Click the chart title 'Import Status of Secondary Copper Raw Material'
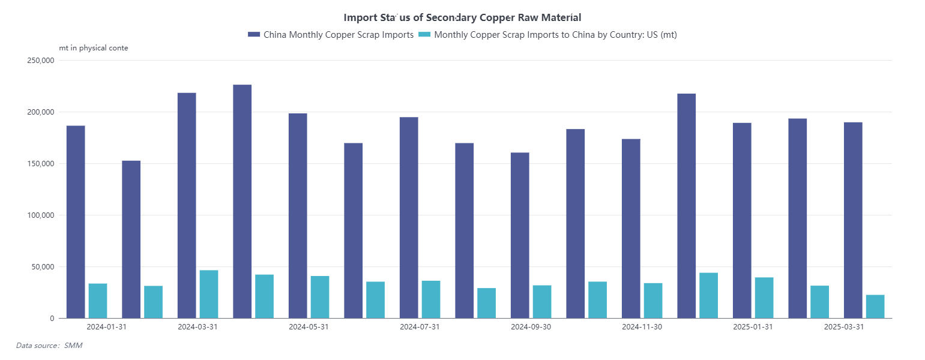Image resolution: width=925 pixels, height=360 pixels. click(462, 18)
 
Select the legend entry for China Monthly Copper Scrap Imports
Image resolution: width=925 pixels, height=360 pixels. click(331, 35)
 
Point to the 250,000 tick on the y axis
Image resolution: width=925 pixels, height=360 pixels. click(40, 61)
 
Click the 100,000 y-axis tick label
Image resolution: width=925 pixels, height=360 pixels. click(40, 215)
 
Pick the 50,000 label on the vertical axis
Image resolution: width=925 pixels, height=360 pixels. click(42, 267)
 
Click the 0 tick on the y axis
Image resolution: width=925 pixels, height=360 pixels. click(52, 319)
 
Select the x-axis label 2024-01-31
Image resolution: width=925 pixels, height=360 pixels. click(106, 327)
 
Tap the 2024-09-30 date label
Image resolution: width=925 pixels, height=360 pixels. click(531, 327)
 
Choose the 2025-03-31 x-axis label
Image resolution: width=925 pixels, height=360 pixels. click(843, 327)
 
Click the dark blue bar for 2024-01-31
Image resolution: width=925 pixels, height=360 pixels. click(76, 222)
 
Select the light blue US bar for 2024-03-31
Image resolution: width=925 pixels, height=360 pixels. click(209, 294)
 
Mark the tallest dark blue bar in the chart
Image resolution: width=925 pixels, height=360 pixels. click(243, 202)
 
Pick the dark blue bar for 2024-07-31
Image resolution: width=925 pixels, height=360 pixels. click(409, 218)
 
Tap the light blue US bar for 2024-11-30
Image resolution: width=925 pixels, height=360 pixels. click(653, 301)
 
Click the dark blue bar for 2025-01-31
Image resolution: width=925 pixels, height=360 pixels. click(742, 220)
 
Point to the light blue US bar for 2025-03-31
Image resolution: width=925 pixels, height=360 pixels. click(875, 307)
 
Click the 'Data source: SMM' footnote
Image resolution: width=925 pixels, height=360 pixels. click(49, 346)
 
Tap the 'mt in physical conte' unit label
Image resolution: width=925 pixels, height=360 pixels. click(94, 48)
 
